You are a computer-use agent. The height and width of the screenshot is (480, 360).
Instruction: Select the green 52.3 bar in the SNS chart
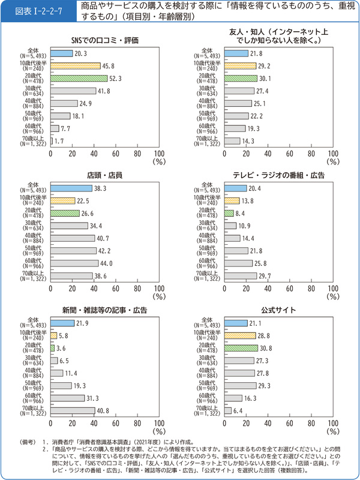[78, 77]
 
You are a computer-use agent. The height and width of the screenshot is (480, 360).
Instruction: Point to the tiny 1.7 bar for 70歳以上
[52, 141]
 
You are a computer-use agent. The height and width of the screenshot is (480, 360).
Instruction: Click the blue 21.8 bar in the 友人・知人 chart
[235, 53]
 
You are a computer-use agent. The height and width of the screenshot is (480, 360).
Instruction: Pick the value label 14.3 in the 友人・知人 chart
[247, 141]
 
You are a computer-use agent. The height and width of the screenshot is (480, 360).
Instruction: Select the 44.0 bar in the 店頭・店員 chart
[74, 263]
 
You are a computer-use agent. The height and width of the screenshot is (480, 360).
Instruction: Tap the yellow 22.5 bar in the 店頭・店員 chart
[62, 200]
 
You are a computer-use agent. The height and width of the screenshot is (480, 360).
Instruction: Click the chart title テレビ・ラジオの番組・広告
[272, 175]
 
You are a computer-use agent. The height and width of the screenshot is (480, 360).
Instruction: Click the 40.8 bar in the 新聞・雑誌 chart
[73, 410]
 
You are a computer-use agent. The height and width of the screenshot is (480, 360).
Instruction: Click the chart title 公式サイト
[273, 310]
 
